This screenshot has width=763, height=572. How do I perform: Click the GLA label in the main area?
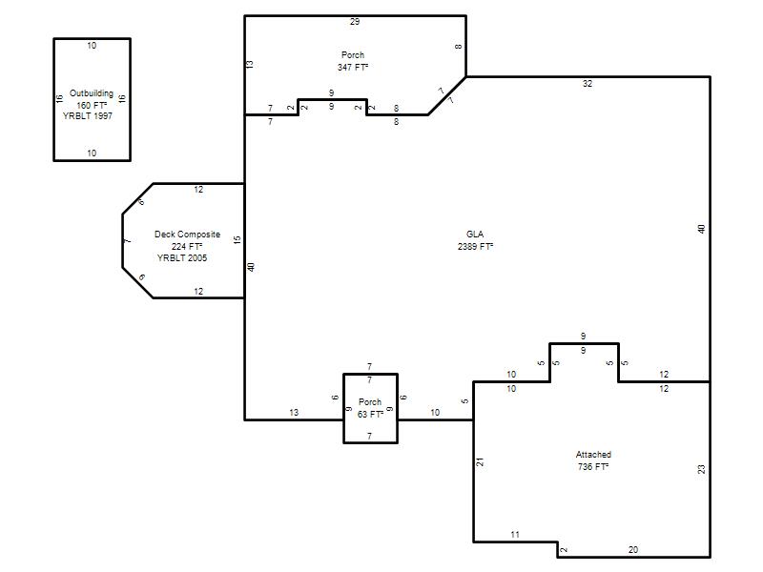pos(475,234)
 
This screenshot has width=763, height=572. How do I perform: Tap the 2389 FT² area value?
pos(475,246)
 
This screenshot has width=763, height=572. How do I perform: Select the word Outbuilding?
pos(92,92)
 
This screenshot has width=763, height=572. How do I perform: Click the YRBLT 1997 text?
pos(88,115)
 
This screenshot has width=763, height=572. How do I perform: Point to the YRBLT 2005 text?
pos(182,257)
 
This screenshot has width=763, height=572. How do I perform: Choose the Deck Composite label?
pos(187,234)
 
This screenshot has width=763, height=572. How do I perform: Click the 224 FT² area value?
pos(187,246)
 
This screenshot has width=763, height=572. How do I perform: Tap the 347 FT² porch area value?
pos(353,67)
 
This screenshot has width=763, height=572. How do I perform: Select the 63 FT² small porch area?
pos(370,414)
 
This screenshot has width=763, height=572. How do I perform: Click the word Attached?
pos(593,455)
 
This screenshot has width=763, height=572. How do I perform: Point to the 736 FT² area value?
pos(593,466)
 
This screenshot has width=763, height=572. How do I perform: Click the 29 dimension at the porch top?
pos(355,21)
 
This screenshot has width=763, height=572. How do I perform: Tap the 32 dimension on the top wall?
pos(588,84)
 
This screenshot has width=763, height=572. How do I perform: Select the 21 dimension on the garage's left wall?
pos(481,462)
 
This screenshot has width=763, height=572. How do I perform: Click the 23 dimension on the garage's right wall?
pos(701,469)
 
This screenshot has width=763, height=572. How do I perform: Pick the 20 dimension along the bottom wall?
pos(633,550)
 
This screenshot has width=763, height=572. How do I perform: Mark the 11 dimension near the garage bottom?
pos(515,535)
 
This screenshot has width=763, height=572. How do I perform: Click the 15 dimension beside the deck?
pos(237,240)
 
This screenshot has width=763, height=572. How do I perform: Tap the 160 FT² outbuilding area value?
pos(92,105)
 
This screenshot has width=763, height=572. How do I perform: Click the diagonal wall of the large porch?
pos(447,96)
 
